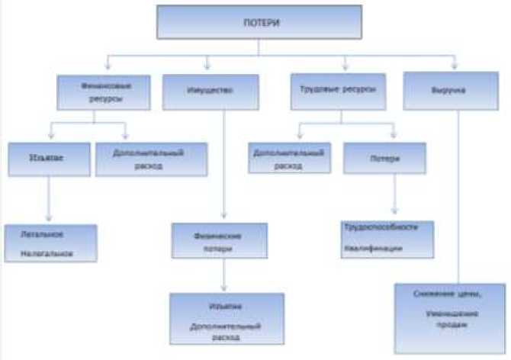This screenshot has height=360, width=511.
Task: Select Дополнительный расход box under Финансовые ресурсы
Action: pyautogui.click(x=151, y=158)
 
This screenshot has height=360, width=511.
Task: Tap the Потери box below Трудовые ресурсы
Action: pyautogui.click(x=383, y=159)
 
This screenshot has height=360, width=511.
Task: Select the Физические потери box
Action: pyautogui.click(x=220, y=241)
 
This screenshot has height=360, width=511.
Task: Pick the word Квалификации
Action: pyautogui.click(x=373, y=249)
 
